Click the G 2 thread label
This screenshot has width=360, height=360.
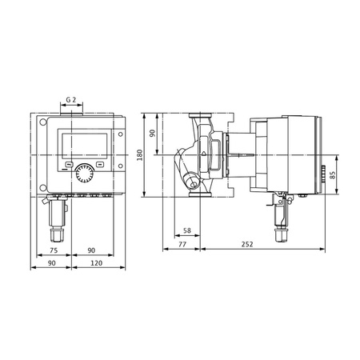click(71, 101)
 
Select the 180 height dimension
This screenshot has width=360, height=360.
click(140, 154)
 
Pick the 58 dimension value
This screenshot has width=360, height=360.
click(186, 230)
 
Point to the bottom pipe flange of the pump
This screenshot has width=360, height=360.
click(197, 192)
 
